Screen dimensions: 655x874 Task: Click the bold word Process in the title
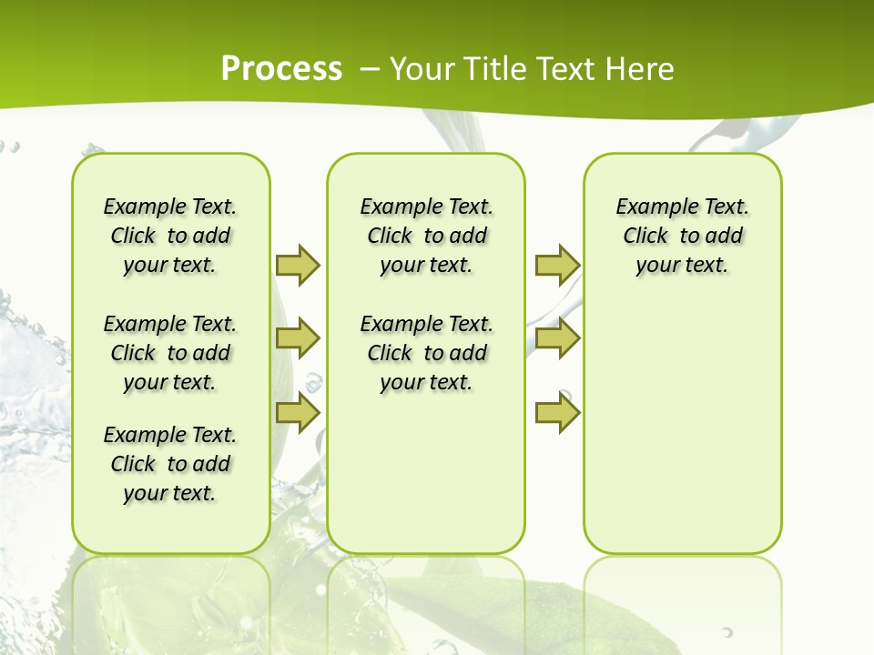pos(281,68)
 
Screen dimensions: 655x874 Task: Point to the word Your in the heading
pos(422,68)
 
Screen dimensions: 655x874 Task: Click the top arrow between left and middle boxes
pos(298,265)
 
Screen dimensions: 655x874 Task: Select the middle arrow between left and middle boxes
pos(298,338)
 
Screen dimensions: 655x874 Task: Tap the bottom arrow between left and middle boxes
pos(298,412)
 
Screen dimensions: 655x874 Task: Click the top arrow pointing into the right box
pos(557,265)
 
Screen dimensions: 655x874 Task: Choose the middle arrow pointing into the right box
pos(557,338)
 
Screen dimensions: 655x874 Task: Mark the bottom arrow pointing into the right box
pos(557,412)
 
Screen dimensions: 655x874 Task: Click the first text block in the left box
pos(170,236)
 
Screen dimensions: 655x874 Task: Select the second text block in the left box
pos(170,353)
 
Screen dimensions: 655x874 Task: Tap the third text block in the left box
pos(170,464)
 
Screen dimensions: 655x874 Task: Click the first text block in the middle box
pos(426,236)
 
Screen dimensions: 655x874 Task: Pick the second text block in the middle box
pos(426,353)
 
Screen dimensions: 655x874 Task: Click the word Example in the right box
pos(650,207)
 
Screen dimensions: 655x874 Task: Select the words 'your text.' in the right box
pos(682,265)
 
